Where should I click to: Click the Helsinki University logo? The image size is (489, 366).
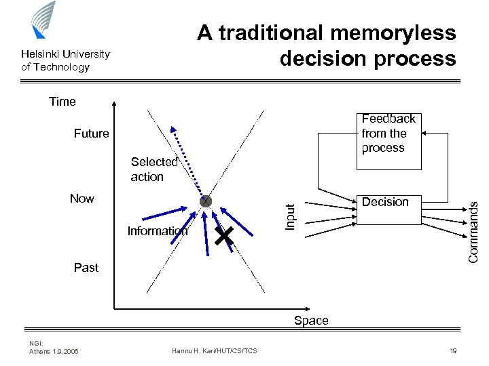coord(43,20)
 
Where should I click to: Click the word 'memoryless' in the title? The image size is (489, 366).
coord(393,33)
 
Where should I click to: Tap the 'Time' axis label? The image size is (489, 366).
coord(62,102)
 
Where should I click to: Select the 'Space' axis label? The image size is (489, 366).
coord(311,321)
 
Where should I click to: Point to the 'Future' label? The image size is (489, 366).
coord(91,134)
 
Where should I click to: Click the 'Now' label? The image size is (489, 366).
coord(82,199)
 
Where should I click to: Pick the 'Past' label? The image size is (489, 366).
coord(86,268)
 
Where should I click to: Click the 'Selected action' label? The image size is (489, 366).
coord(153,169)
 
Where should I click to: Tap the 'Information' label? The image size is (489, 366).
coord(157,231)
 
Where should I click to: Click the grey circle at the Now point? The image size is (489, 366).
coord(205,201)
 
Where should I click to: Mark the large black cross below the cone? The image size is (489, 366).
coord(224,236)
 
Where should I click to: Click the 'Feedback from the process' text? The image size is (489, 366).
coord(388,134)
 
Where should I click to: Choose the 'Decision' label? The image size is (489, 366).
coord(385,202)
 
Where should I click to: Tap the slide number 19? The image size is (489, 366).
coord(452,350)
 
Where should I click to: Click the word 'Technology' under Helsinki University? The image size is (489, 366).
coord(64,67)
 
